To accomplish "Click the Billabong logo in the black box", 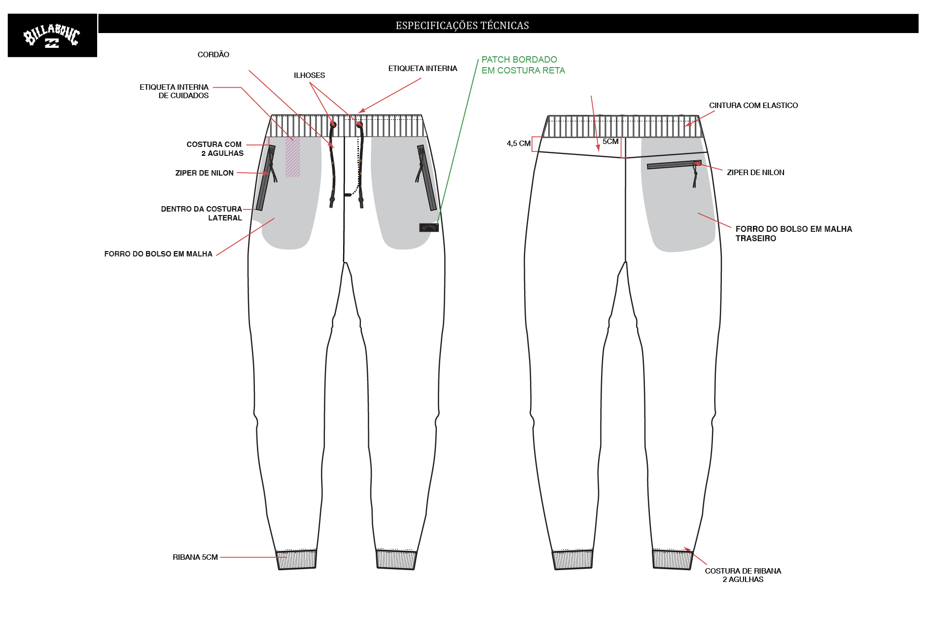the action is point(52,36).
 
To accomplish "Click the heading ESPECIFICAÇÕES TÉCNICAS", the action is point(462,25).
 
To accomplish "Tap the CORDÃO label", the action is point(213,54).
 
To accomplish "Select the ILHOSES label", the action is point(309,75).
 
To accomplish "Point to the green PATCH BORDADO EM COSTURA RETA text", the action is point(523,65).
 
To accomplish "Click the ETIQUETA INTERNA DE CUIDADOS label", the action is point(174,91).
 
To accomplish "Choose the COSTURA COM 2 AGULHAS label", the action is point(215,148).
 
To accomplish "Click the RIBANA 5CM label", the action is point(195,557).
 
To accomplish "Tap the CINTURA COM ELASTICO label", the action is point(753,105).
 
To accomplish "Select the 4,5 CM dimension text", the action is point(519,144).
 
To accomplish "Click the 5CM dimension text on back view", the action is point(610,142).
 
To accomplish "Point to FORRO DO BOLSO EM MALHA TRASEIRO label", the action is point(794,233).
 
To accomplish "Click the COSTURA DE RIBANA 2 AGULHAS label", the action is point(743,575).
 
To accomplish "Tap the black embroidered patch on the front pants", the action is point(429,227).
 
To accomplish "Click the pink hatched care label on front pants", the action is point(293,157).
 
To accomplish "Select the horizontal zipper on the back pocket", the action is point(674,164).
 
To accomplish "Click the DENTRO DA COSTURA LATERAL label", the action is point(202,213).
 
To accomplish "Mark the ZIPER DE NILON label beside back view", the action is point(755,172).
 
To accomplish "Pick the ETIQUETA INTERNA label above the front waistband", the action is point(423,68).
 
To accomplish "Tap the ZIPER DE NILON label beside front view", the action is point(205,173).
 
